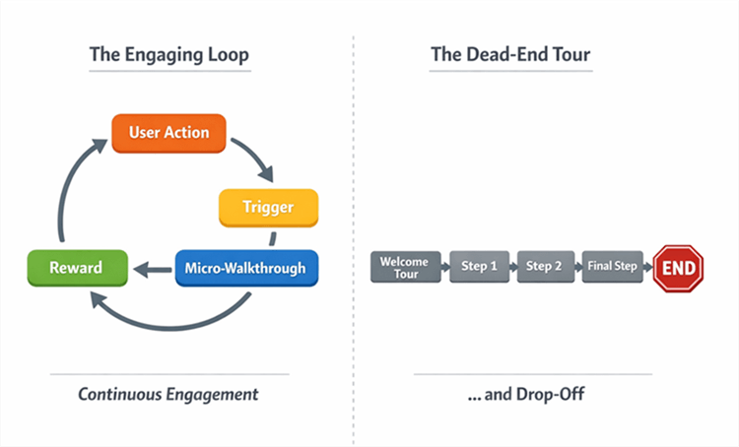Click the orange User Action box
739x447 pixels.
(168, 133)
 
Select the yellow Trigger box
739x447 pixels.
(268, 208)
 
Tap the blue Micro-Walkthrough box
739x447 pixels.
(246, 268)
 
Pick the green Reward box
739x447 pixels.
(76, 268)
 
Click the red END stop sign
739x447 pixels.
(678, 268)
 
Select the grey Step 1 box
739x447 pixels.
(479, 267)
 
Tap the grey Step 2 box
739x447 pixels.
(544, 267)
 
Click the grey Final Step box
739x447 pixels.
(611, 267)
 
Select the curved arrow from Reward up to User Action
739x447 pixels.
(73, 187)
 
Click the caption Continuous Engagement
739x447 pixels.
(168, 395)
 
